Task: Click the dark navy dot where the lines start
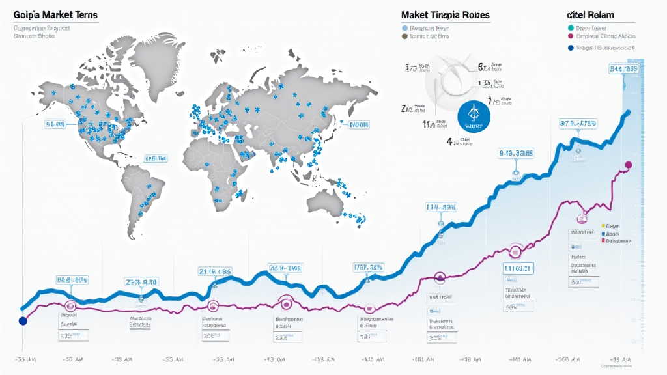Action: click(23, 321)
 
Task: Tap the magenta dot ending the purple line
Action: click(628, 165)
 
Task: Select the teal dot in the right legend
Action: click(571, 27)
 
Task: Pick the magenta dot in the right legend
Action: click(571, 37)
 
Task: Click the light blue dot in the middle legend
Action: click(404, 28)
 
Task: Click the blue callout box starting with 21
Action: click(216, 271)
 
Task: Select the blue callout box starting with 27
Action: click(141, 282)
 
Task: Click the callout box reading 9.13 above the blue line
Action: click(516, 154)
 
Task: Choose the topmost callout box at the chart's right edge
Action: click(623, 68)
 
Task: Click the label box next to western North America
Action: click(55, 123)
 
